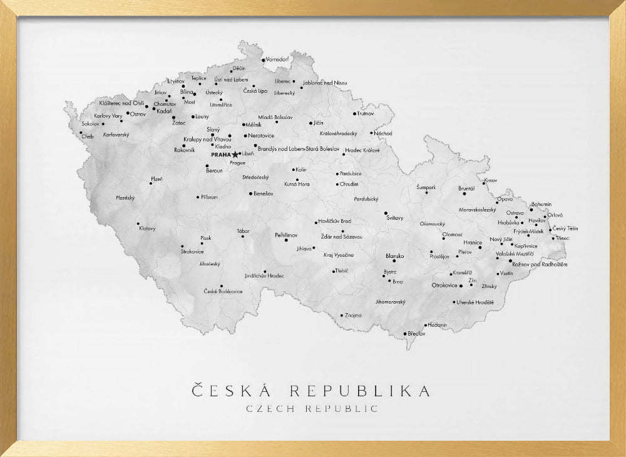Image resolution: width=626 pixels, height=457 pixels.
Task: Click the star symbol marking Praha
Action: click(235, 154)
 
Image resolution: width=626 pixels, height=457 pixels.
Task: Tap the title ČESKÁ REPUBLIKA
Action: click(311, 391)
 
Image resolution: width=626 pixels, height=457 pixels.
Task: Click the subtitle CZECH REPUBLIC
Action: click(312, 409)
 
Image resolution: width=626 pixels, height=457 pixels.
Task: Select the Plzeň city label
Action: click(156, 179)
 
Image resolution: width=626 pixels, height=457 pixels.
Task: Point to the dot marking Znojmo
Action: click(341, 315)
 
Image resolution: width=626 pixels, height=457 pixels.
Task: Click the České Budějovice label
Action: click(223, 291)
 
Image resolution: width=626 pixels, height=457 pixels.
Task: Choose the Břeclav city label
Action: click(416, 334)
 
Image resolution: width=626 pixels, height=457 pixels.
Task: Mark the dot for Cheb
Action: click(81, 132)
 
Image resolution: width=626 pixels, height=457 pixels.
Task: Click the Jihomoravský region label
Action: click(391, 301)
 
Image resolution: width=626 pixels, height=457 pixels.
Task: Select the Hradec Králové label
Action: click(362, 150)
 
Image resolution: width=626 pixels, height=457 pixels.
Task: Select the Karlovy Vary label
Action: click(108, 116)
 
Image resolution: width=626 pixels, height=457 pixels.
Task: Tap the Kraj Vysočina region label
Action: click(339, 255)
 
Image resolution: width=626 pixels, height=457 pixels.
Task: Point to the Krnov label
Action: click(490, 180)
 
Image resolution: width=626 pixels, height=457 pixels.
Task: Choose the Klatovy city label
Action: click(148, 228)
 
